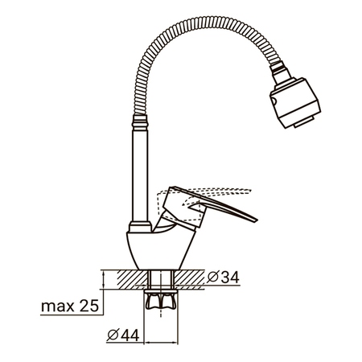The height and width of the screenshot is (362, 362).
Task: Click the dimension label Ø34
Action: coord(223,278)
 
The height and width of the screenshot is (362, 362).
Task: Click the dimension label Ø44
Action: coord(123,335)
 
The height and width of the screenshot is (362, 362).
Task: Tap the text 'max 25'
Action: coord(70,306)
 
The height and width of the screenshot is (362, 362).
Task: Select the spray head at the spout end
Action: coord(295,103)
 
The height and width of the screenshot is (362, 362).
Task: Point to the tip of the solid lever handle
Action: coord(257,220)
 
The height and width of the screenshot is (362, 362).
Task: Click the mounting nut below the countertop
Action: coord(161,299)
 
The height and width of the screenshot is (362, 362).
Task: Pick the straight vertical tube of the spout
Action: coord(140,175)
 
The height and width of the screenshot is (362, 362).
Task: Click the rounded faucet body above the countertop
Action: coord(160,249)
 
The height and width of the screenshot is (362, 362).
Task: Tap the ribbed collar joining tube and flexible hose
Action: coord(140,122)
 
